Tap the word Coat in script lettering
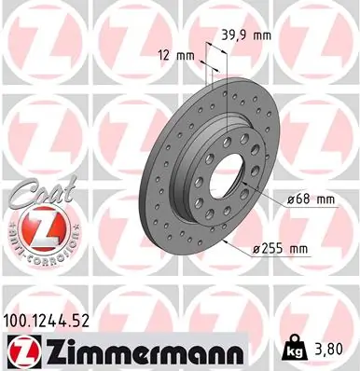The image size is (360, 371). point(32,193)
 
